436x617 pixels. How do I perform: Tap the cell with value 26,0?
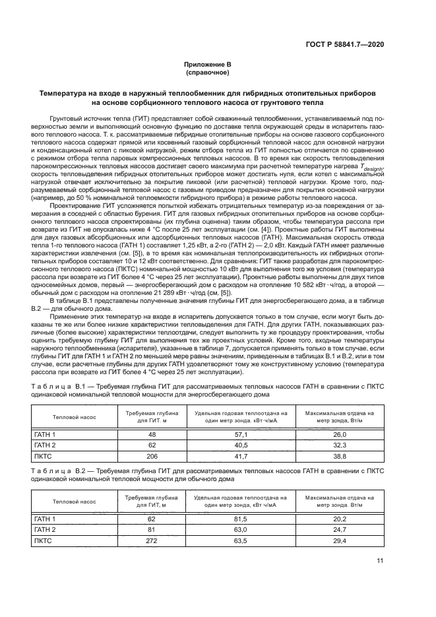pyautogui.click(x=339, y=434)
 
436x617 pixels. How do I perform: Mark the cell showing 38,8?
pyautogui.click(x=339, y=456)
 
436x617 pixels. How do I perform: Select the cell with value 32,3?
pyautogui.click(x=339, y=445)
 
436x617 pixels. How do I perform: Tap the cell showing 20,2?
pyautogui.click(x=339, y=519)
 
